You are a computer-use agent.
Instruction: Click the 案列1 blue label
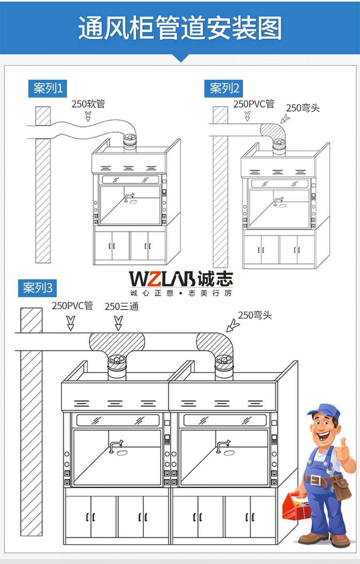coord(48,88)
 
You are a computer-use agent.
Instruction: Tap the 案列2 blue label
coord(224,88)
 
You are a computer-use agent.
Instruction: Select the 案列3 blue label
coord(37,288)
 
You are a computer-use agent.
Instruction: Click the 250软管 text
coord(88,104)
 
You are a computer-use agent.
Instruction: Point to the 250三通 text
coord(122,306)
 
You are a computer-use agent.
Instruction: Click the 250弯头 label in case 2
coord(303,108)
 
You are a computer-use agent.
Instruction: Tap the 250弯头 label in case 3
coord(255,315)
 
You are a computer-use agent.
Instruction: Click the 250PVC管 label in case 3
coord(72,306)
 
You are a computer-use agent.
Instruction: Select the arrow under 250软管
coord(88,116)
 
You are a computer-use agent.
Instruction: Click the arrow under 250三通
coord(118,323)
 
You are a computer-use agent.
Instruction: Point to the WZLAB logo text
coord(162,279)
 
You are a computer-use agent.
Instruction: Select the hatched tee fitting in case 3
coord(117,344)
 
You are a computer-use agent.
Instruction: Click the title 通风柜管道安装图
coord(180,28)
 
